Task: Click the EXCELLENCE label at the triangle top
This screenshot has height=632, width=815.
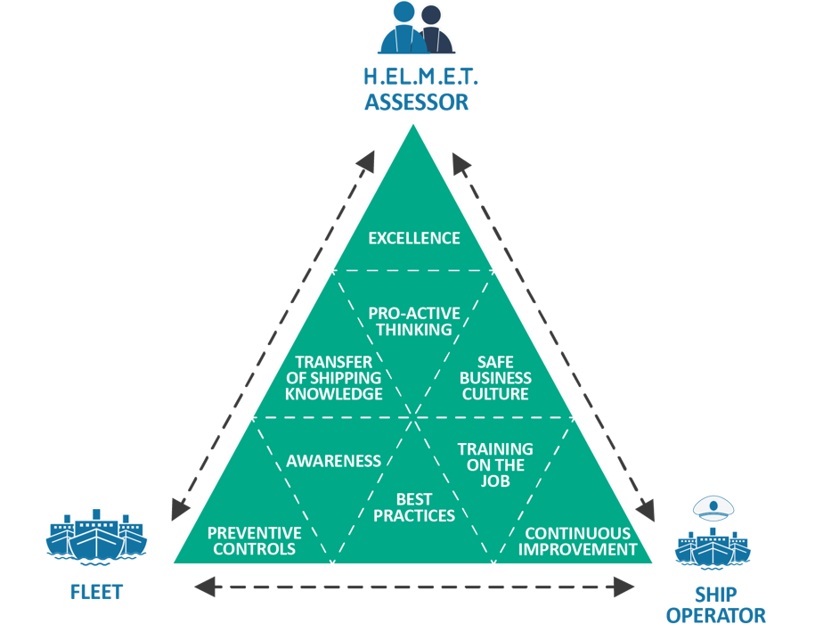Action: pos(414,238)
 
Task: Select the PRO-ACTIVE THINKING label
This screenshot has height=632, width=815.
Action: pos(414,322)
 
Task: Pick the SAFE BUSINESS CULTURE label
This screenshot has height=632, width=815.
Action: pos(495,378)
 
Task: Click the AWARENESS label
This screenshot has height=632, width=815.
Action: pos(333,461)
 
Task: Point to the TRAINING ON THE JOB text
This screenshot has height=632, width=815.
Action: pos(495,464)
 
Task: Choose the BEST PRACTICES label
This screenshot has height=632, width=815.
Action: pos(414,508)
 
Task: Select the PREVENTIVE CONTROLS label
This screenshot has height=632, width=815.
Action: pos(254,541)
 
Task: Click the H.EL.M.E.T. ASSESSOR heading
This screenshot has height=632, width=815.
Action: pos(416,90)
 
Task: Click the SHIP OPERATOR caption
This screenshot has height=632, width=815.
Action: pos(715,604)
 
